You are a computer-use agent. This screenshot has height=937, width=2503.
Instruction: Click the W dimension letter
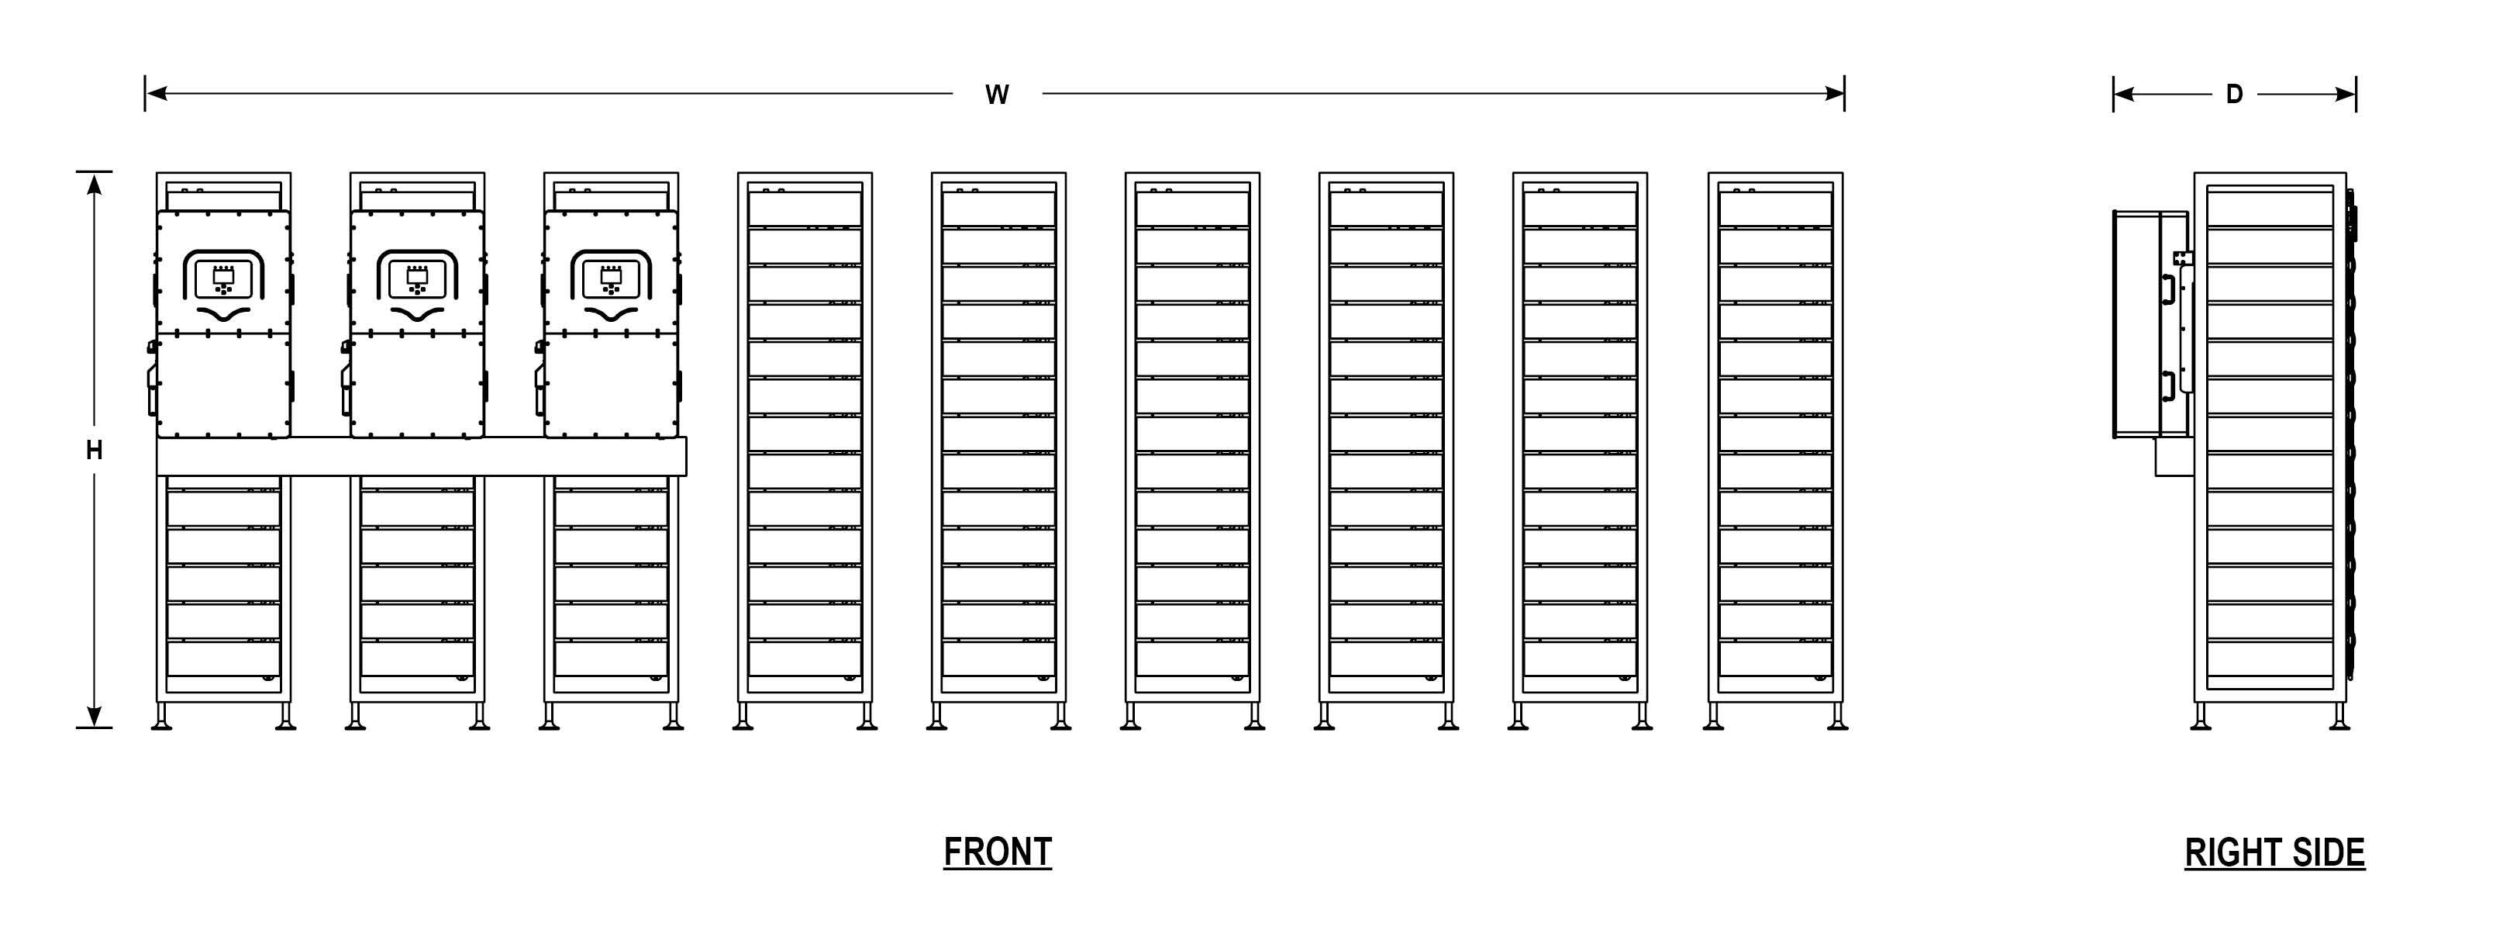(x=997, y=95)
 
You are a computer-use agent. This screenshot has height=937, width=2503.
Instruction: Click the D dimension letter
(x=2234, y=95)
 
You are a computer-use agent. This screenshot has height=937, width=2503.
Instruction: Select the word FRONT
(x=997, y=852)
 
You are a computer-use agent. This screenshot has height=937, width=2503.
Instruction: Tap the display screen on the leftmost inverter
(x=223, y=278)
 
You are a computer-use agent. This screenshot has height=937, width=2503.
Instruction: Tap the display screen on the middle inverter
(x=417, y=278)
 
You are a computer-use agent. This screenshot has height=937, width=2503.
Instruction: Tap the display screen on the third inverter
(x=610, y=278)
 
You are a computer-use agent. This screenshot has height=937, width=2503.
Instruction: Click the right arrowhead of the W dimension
(x=1835, y=93)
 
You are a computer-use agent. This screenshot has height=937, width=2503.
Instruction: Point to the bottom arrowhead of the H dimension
(x=95, y=717)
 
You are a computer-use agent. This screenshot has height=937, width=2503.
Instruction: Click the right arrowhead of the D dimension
(x=2346, y=95)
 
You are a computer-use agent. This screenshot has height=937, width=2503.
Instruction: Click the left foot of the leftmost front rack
(x=162, y=719)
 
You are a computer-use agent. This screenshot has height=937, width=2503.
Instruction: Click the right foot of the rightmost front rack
(x=1836, y=719)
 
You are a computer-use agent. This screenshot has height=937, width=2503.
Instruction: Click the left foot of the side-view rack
(x=2201, y=719)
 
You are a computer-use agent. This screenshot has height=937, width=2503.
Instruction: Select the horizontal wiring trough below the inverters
(x=421, y=457)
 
